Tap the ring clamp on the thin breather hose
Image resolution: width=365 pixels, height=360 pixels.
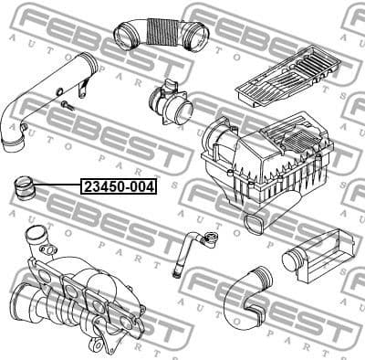pyautogui.click(x=210, y=240)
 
